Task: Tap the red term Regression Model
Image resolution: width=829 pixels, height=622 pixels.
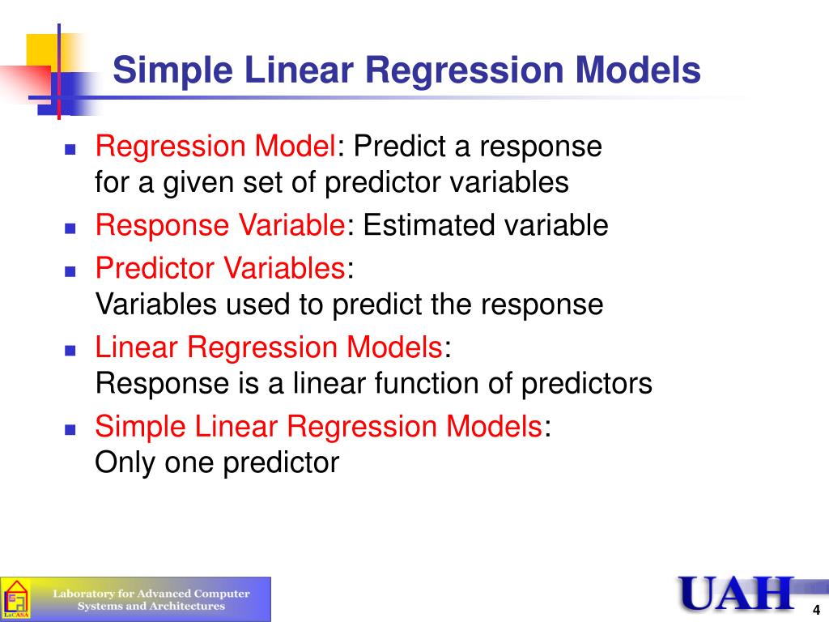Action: (x=215, y=146)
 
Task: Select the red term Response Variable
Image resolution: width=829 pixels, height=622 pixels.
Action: (x=220, y=225)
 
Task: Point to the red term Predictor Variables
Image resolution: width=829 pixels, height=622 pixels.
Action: (x=220, y=267)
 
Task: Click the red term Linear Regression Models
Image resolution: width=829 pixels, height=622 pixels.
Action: (x=269, y=348)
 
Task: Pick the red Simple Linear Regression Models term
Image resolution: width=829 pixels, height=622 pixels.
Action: (x=318, y=428)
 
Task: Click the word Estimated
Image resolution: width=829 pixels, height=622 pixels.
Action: (x=429, y=225)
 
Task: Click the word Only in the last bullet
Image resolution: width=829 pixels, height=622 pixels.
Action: (x=125, y=462)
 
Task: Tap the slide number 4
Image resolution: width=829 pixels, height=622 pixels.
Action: (x=816, y=610)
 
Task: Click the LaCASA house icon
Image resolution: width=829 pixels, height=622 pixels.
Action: (x=15, y=599)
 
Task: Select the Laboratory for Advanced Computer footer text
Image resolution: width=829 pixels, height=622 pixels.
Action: (x=151, y=594)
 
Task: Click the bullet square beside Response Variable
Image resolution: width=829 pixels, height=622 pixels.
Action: (x=70, y=228)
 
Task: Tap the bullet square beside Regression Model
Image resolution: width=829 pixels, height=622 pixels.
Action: (x=70, y=149)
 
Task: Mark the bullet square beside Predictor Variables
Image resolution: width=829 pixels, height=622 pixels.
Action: (x=70, y=271)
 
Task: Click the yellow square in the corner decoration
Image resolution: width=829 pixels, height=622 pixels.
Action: (x=42, y=50)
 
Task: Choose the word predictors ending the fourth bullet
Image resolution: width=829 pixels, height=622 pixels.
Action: (x=587, y=384)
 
